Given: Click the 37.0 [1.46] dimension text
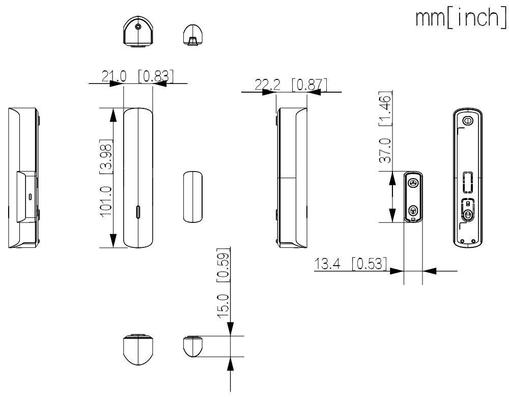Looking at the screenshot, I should point(385,128).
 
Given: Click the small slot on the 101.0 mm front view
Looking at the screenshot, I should point(139,211).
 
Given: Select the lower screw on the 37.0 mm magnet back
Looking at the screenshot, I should point(413,209).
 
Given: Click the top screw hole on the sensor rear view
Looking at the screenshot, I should point(467,121).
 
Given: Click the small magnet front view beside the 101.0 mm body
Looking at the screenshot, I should point(192,196).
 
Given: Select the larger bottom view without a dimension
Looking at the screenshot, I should point(137,350).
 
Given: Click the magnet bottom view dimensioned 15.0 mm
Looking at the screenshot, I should point(193,346).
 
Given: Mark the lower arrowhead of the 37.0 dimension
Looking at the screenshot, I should point(392,216).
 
